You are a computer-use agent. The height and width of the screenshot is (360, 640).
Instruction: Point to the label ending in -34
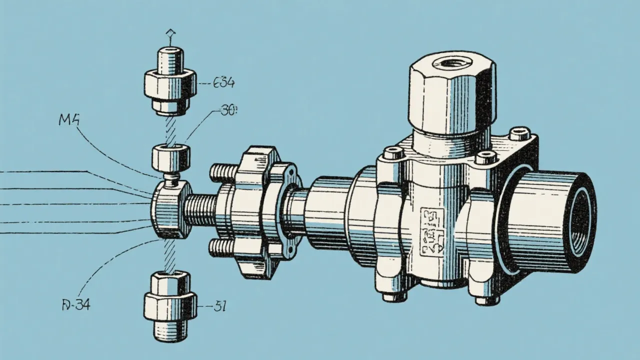coord(76,304)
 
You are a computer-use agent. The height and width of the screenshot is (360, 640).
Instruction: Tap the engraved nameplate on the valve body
coord(432,231)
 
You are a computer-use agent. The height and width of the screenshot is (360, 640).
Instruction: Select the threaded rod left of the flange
coord(203,209)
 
